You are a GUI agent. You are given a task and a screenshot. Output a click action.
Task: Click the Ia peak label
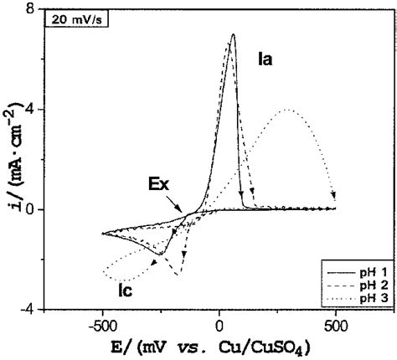(x=266, y=59)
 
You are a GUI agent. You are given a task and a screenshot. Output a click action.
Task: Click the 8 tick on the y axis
(x=30, y=10)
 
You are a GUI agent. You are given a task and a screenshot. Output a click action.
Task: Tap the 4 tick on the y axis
(x=30, y=110)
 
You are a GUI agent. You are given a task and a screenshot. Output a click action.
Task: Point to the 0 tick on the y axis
(x=30, y=209)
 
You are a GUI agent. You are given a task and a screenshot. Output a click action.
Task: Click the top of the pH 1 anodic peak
(x=233, y=35)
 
